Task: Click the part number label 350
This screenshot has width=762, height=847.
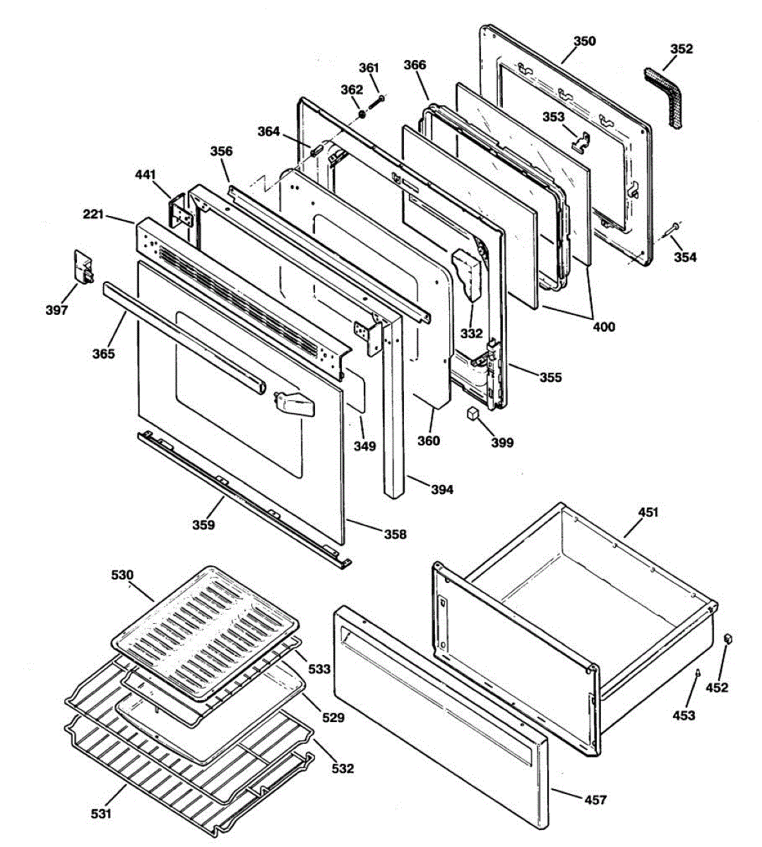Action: click(x=584, y=41)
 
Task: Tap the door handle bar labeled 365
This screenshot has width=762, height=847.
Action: click(x=184, y=335)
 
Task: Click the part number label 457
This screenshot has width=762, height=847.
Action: click(x=595, y=800)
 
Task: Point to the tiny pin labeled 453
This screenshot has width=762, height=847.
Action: click(x=698, y=673)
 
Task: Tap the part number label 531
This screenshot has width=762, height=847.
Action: click(x=101, y=814)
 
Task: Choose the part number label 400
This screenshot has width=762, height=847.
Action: click(x=604, y=327)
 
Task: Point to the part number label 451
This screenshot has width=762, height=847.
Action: click(x=648, y=512)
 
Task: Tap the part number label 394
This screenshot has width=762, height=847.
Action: click(x=442, y=489)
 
